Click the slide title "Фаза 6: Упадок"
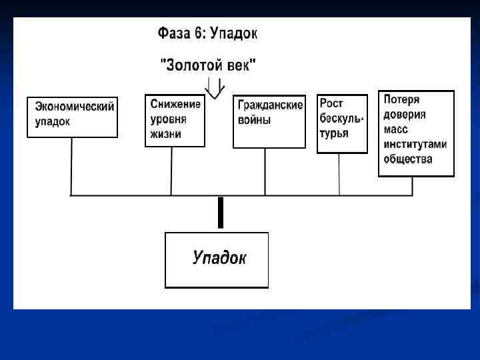coord(207,33)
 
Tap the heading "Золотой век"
coord(208,65)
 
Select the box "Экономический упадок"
coord(73,117)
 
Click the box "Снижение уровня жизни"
coord(175,121)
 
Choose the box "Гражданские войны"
coord(269,121)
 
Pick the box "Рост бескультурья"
coord(342,124)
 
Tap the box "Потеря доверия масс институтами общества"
coord(416,133)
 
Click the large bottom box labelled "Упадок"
coord(217,259)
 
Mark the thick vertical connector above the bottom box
coord(220,213)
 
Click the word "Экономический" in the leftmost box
coord(75,107)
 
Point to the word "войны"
coord(255,121)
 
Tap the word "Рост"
coord(332,103)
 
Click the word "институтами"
coord(415,144)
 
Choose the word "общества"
coord(408,159)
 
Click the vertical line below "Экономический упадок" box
coord(71,166)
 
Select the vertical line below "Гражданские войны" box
coord(265,171)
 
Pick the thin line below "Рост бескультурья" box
coord(339,174)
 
